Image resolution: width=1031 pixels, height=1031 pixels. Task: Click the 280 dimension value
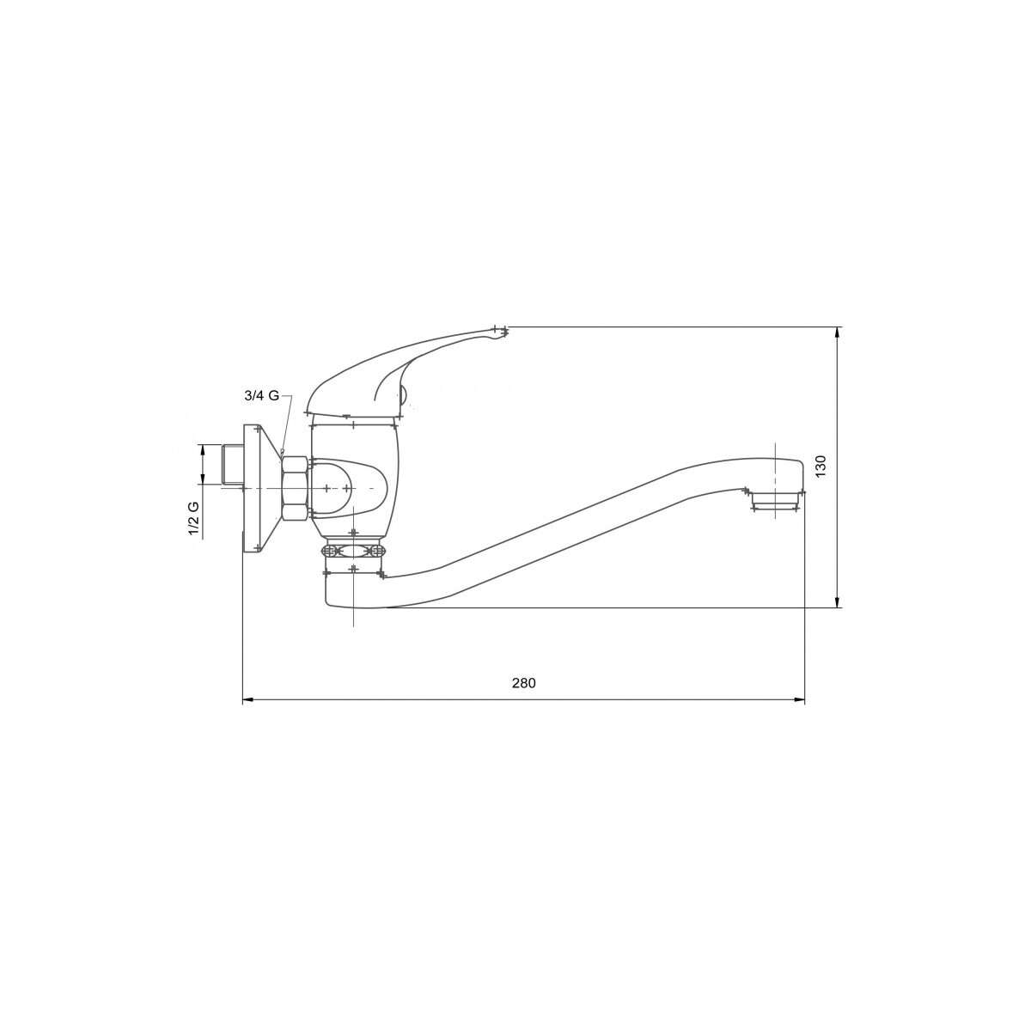pos(523,683)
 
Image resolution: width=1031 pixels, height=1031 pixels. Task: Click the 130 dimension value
pos(821,466)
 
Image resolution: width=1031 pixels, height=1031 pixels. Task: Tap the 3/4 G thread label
pos(262,396)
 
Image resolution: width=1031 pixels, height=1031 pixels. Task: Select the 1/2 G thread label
pos(193,519)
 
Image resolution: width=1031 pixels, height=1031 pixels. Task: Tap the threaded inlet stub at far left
pos(232,465)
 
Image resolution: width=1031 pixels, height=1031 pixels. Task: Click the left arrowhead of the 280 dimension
pos(247,699)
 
